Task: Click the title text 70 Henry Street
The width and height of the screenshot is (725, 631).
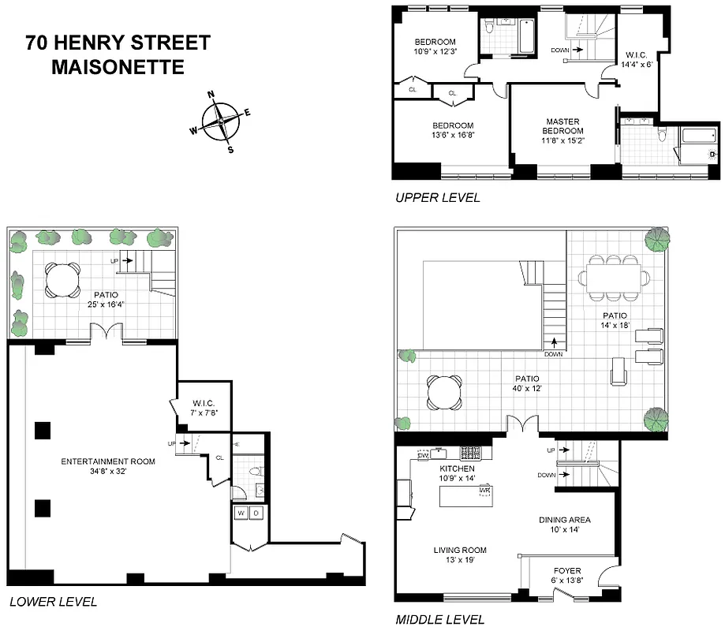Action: [x=118, y=43]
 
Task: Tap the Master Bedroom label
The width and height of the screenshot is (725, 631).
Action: [x=563, y=126]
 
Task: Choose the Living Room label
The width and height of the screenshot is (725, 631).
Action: [x=459, y=550]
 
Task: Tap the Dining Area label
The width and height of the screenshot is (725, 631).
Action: [x=564, y=520]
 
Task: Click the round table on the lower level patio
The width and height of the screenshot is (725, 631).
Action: [x=61, y=278]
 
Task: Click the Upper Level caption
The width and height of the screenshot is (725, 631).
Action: [x=436, y=198]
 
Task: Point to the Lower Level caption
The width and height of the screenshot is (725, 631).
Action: [x=52, y=602]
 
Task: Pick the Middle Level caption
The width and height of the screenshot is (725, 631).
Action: [x=439, y=620]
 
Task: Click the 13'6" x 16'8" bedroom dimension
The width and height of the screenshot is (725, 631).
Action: [x=452, y=135]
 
